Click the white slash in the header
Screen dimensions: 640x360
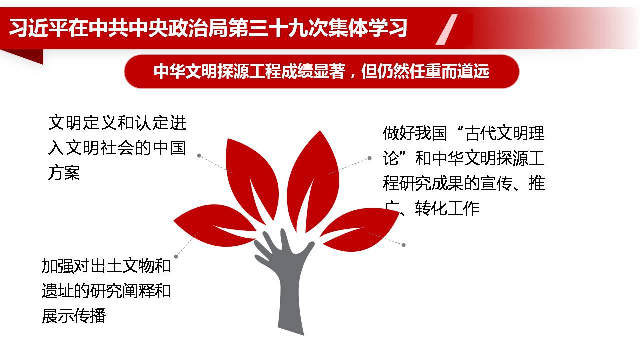pos(446,29)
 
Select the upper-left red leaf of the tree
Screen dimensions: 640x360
pos(251,177)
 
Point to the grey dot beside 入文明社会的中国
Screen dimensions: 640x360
pos(199,155)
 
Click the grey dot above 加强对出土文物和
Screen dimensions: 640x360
pos(176,257)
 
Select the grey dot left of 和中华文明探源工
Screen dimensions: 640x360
pos(369,158)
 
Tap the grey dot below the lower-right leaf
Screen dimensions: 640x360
pos(403,245)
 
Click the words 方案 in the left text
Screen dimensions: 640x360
pos(64,173)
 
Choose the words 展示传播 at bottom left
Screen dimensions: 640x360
pos(74,316)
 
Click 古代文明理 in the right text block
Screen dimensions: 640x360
pos(505,133)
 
